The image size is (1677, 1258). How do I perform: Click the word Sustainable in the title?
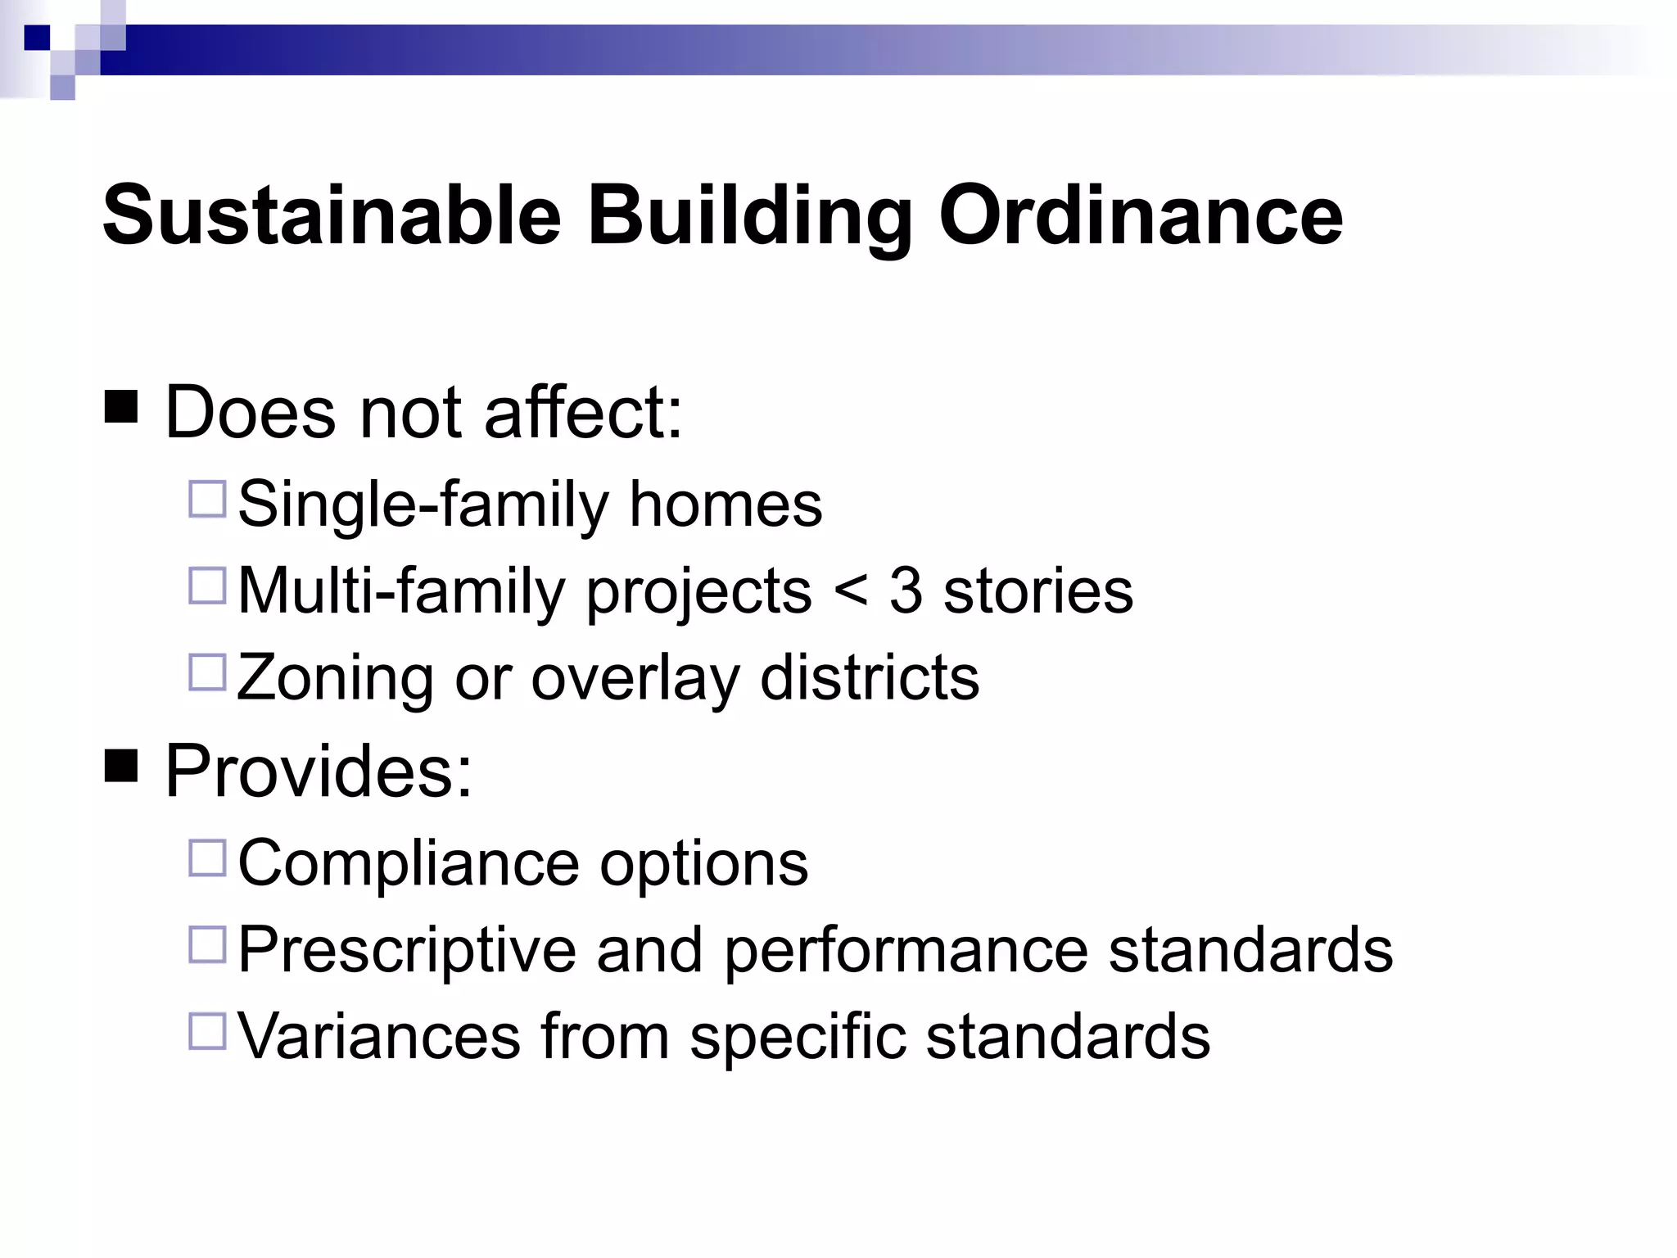pos(331,216)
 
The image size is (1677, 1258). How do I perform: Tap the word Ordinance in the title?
pos(1141,216)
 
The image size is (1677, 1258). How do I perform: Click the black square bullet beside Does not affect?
pos(121,405)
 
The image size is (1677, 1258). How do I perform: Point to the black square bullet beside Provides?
pos(121,766)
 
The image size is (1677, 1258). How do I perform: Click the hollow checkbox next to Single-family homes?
pos(207,500)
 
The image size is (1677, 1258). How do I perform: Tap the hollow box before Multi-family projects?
pos(207,586)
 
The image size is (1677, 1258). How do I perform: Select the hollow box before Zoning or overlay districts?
pos(207,672)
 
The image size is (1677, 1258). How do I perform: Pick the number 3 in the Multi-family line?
pos(906,590)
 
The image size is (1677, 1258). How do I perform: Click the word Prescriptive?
pos(407,950)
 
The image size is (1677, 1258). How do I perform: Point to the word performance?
pos(906,950)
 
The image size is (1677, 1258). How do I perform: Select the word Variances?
pos(378,1036)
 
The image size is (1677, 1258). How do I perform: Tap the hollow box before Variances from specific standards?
pos(207,1032)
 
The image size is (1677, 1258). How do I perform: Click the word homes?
pos(725,505)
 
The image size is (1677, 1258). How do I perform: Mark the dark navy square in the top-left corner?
pos(37,38)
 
